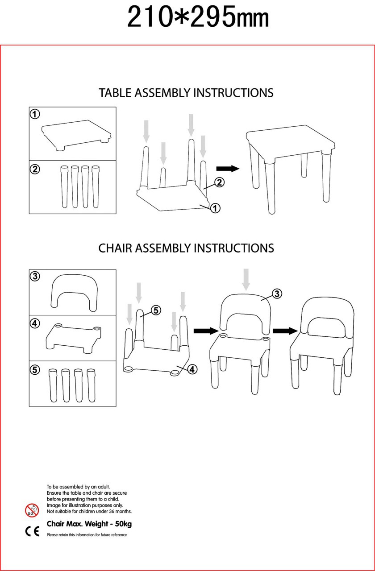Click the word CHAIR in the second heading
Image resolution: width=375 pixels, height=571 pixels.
point(115,248)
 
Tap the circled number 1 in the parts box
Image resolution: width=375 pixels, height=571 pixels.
point(35,114)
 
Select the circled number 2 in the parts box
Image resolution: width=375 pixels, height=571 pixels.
point(35,169)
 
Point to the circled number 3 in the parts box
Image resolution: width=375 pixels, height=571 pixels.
point(35,276)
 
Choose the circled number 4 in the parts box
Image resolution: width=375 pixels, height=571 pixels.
point(35,323)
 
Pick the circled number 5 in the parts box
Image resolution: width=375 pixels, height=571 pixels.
point(35,370)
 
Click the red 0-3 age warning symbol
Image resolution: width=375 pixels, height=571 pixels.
point(32,510)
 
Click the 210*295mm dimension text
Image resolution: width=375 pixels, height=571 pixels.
point(198,18)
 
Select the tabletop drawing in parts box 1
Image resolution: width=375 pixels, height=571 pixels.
point(76,134)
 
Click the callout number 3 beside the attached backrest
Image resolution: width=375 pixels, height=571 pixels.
point(277,294)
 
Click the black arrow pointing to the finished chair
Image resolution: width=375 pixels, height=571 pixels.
point(285,331)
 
